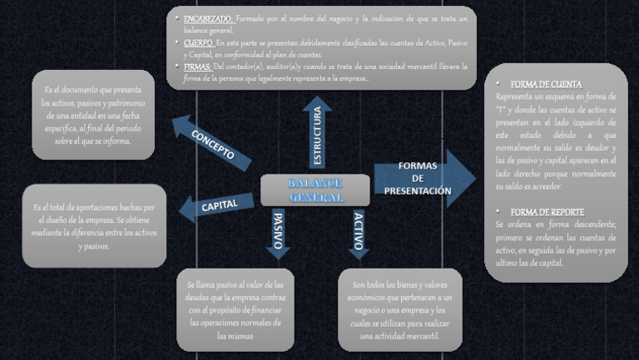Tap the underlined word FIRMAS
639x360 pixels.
click(x=197, y=66)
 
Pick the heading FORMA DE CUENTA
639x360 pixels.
click(x=546, y=85)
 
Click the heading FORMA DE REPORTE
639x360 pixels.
click(x=547, y=212)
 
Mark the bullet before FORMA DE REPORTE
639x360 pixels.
click(x=498, y=212)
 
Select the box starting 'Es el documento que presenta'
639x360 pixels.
click(x=93, y=115)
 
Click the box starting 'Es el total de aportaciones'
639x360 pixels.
click(x=93, y=226)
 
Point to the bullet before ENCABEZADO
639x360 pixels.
click(x=176, y=18)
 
